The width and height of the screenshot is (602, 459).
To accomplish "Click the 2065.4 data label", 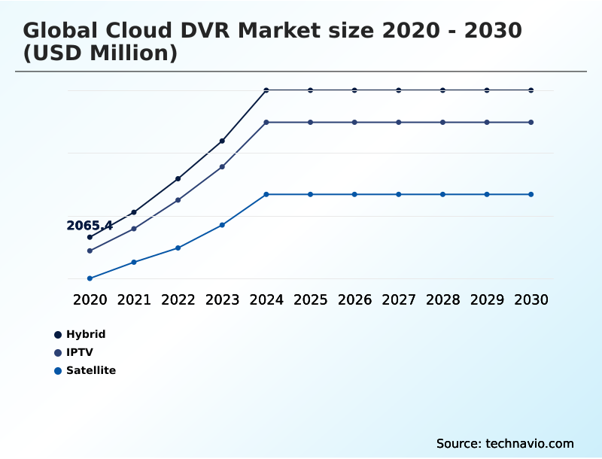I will pyautogui.click(x=90, y=226).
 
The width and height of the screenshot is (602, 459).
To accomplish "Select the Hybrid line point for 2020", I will pyautogui.click(x=90, y=237).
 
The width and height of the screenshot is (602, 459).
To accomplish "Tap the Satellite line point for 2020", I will pyautogui.click(x=90, y=278).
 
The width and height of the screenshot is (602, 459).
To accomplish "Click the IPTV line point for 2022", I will pyautogui.click(x=178, y=200).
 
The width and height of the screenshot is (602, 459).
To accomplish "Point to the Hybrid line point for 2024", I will pyautogui.click(x=266, y=90).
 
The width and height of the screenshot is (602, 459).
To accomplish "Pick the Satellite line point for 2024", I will pyautogui.click(x=266, y=194).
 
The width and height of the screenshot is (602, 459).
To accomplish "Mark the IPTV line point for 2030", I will pyautogui.click(x=531, y=122).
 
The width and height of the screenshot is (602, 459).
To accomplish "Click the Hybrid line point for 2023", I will pyautogui.click(x=222, y=141).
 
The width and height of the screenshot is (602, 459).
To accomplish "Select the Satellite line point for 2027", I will pyautogui.click(x=399, y=194).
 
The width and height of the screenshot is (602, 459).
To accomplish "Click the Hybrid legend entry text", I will pyautogui.click(x=86, y=334).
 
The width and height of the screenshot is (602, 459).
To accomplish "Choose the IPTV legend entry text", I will pyautogui.click(x=80, y=352).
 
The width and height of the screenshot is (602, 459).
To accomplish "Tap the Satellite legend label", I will pyautogui.click(x=91, y=370).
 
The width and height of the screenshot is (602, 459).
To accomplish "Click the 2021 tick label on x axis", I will pyautogui.click(x=134, y=299).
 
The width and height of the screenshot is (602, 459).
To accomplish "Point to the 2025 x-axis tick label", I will pyautogui.click(x=310, y=299).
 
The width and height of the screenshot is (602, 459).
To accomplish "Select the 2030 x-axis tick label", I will pyautogui.click(x=531, y=299).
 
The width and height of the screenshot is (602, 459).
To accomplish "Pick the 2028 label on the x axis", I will pyautogui.click(x=442, y=299).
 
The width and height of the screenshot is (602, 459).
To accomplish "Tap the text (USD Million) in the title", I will pyautogui.click(x=100, y=54).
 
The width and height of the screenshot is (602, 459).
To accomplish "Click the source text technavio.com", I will pyautogui.click(x=530, y=443).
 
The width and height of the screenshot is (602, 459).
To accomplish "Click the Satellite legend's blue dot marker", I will pyautogui.click(x=58, y=370).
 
